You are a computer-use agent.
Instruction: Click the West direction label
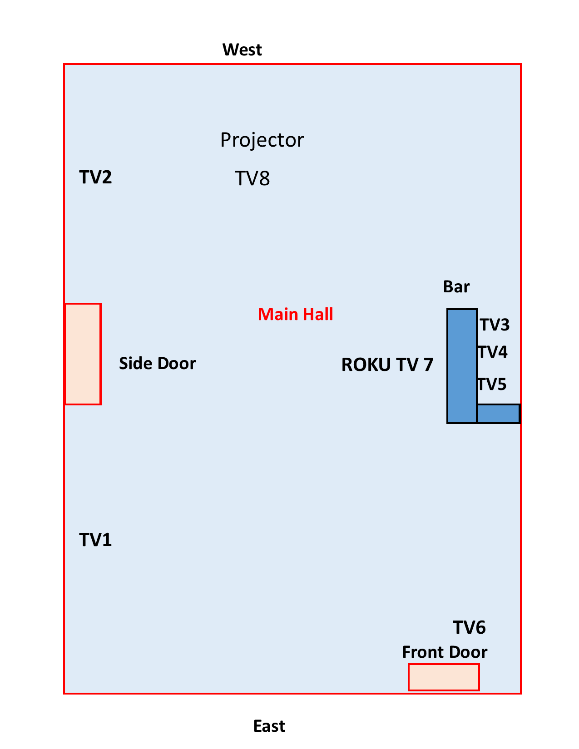point(242,49)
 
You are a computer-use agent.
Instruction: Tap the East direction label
point(269,726)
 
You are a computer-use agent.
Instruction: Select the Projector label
point(262,140)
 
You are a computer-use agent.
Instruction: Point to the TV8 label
point(252,178)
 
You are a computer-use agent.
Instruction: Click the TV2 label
point(95,177)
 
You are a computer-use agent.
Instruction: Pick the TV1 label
point(95,540)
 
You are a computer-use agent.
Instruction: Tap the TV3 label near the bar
point(495,325)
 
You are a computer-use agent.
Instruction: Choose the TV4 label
point(493,352)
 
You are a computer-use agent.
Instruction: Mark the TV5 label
point(492,384)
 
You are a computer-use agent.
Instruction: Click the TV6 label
point(470,628)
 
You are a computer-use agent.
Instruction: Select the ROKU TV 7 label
point(387,365)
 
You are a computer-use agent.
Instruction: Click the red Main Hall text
point(295,314)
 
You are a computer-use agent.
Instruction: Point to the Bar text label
point(456,287)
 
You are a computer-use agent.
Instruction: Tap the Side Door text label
point(157,363)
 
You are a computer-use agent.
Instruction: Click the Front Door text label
point(445,652)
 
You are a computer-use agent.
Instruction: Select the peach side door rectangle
point(83,354)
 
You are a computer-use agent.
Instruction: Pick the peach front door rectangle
point(444,677)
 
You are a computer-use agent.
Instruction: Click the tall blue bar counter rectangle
point(462,366)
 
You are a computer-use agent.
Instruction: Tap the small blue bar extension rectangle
point(498,414)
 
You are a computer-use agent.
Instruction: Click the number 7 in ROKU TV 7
point(428,365)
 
